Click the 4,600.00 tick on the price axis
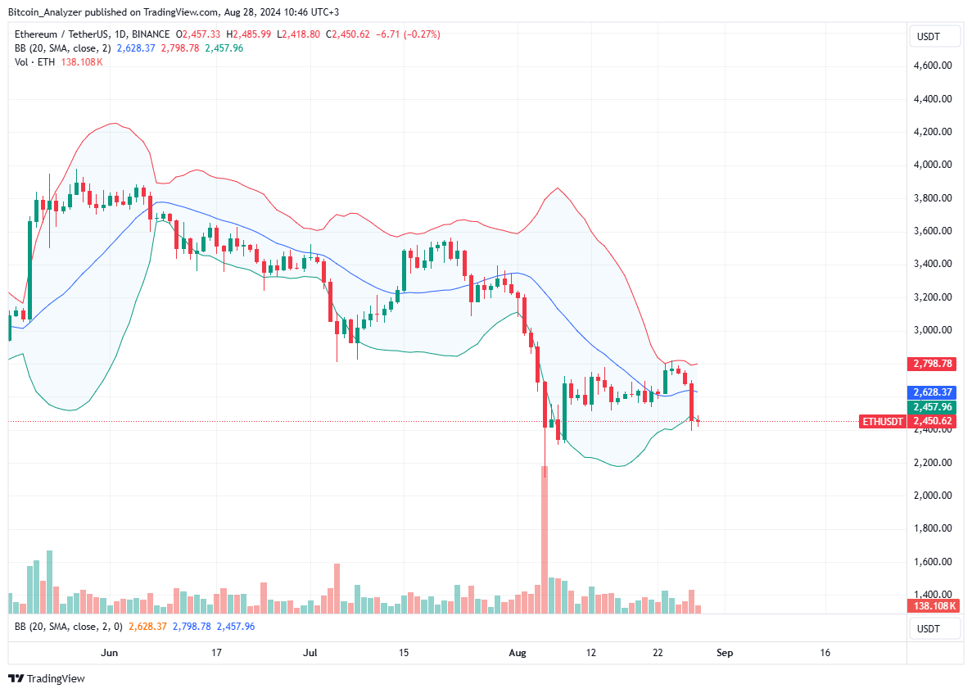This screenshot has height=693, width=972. click(x=934, y=66)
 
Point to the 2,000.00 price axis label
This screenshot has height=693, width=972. click(x=934, y=496)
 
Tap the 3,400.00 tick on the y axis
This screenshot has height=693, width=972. click(x=934, y=264)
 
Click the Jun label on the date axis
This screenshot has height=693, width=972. click(x=109, y=653)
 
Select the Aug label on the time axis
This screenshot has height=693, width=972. click(x=517, y=653)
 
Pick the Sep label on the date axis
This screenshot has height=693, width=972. click(x=724, y=653)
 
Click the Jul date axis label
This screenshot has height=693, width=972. click(x=310, y=653)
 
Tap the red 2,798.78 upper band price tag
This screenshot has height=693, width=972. click(x=934, y=363)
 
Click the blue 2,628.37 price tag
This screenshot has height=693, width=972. click(x=934, y=392)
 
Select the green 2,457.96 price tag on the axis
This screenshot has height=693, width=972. click(x=934, y=407)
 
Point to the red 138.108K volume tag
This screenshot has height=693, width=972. click(x=934, y=606)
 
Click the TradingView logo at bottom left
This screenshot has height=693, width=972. click(x=47, y=678)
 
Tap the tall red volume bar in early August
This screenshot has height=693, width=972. click(x=544, y=541)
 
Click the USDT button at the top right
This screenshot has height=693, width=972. click(x=929, y=37)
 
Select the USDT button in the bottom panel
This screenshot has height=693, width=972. click(x=929, y=628)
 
